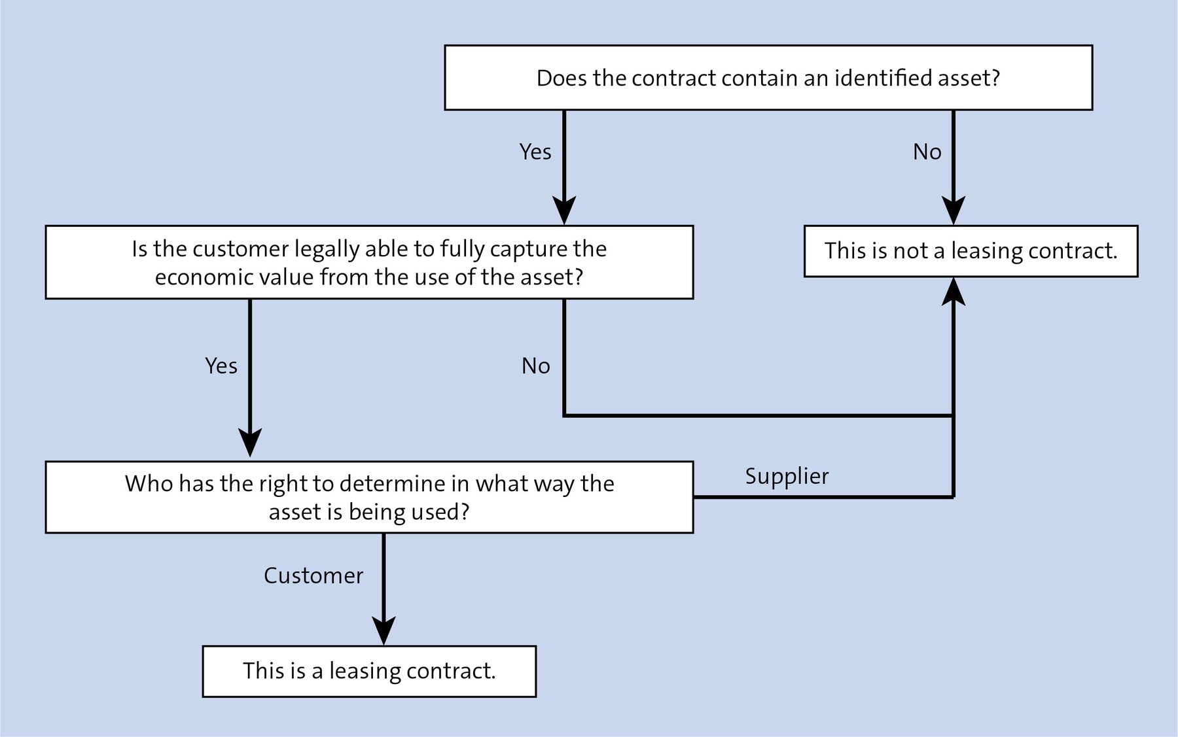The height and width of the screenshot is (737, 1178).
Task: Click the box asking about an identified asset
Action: (768, 77)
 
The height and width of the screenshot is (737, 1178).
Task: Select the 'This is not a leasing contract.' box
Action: (971, 251)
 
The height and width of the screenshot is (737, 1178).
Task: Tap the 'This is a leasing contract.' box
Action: (369, 671)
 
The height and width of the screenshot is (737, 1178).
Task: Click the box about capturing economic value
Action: (369, 262)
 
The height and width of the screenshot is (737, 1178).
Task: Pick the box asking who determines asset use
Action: (369, 497)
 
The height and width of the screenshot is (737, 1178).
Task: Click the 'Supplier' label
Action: (787, 476)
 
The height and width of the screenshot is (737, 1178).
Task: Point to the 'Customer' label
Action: (313, 575)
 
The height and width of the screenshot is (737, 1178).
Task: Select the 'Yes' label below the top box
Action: (535, 152)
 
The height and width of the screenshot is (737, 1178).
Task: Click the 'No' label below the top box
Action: (927, 152)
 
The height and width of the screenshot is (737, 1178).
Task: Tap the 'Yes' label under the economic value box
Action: (221, 366)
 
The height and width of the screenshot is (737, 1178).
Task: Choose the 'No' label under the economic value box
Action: (535, 366)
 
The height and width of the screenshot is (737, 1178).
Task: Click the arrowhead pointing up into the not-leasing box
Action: (954, 292)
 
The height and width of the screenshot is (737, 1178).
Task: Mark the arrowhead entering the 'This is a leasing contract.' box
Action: (384, 631)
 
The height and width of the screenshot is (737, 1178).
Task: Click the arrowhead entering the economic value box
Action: (564, 211)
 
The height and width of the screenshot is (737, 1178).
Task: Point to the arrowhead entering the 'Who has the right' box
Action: (250, 443)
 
